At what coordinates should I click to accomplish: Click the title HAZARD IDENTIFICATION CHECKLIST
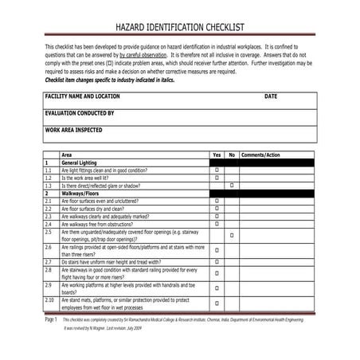click(179, 26)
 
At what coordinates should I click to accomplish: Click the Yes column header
click(217, 155)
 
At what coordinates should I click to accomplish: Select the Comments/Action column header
click(260, 155)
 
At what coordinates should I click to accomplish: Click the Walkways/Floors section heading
click(83, 193)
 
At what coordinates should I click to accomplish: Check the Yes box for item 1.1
click(217, 170)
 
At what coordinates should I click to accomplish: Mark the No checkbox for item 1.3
click(232, 186)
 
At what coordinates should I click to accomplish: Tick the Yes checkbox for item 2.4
click(217, 224)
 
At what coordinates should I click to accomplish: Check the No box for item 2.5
click(232, 236)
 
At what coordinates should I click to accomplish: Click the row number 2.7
click(49, 261)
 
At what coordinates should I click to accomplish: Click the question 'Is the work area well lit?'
click(92, 178)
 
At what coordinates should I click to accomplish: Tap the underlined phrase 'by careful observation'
click(145, 56)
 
